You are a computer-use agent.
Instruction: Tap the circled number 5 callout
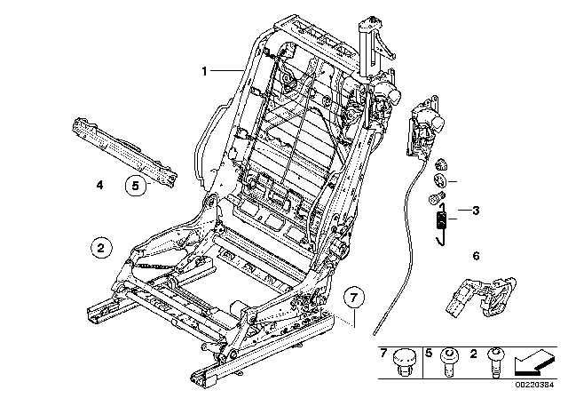point(135,186)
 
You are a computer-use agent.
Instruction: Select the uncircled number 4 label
point(99,186)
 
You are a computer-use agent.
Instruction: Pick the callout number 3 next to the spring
point(476,211)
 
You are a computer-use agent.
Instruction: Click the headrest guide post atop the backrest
point(366,41)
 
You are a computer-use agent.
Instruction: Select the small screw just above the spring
point(437,200)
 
